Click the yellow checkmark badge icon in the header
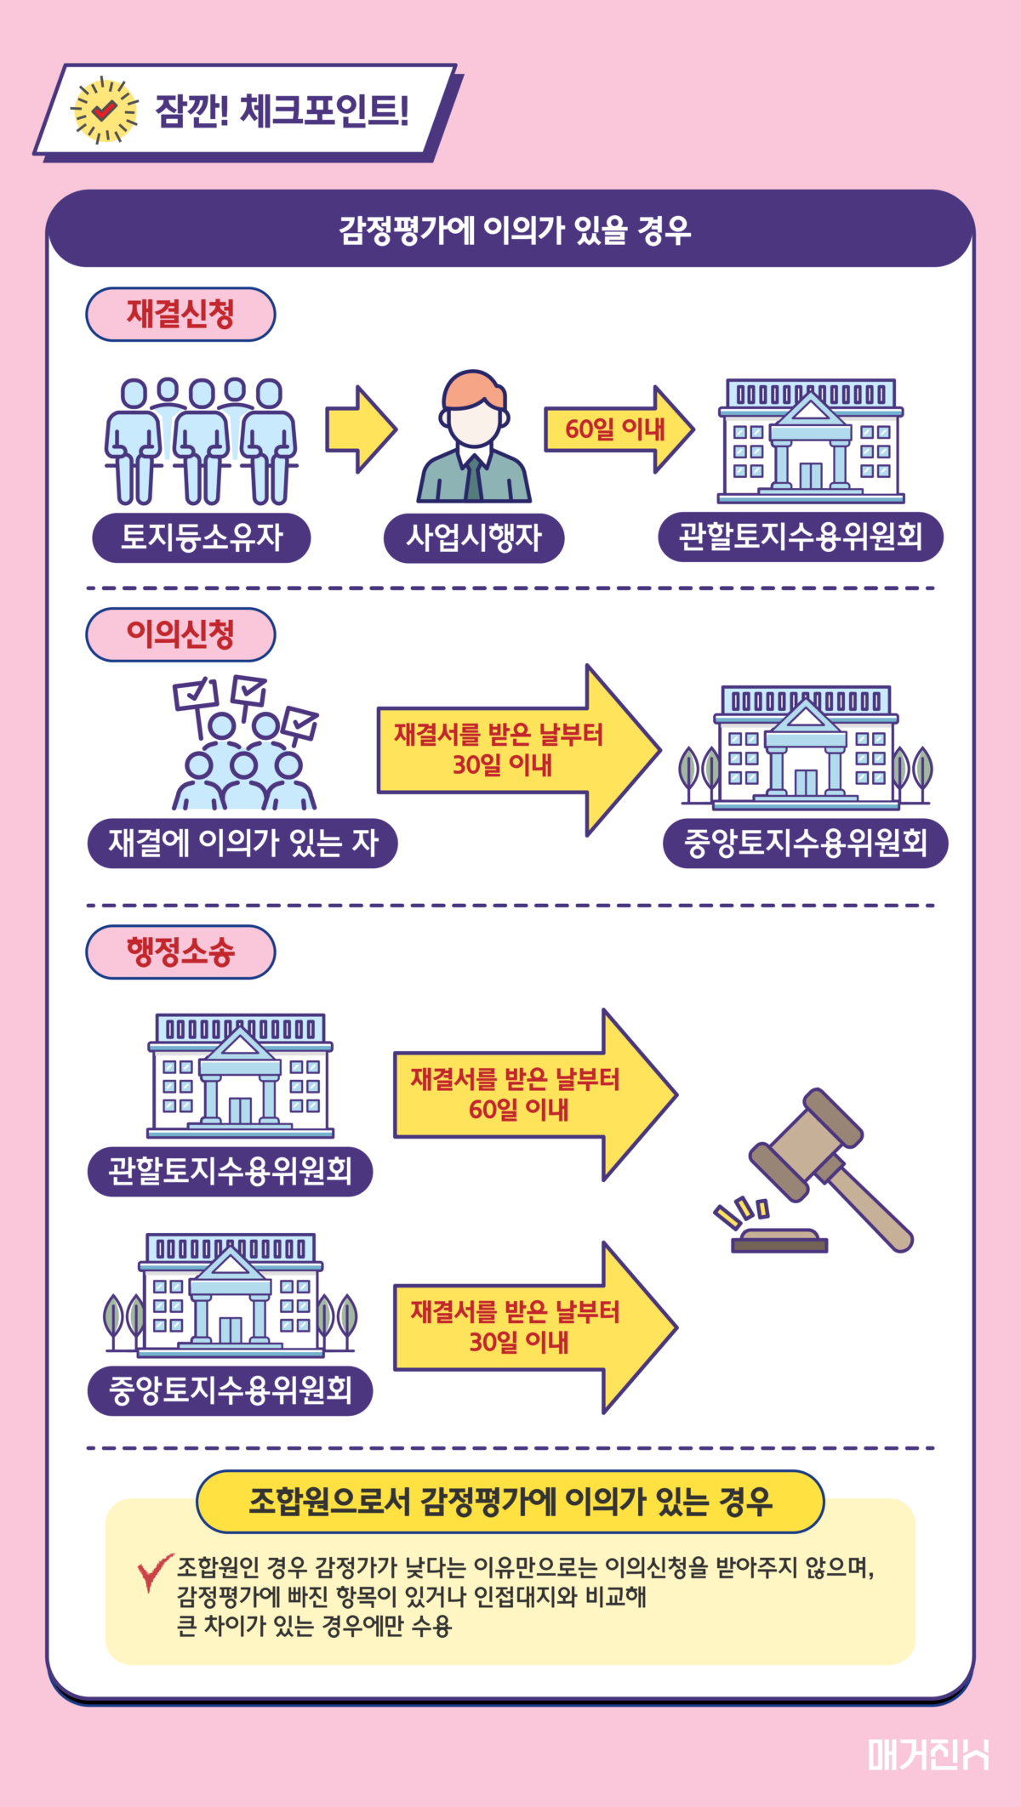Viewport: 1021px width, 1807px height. click(104, 110)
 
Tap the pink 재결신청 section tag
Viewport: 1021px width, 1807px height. click(180, 314)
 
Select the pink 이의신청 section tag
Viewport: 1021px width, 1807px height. click(180, 634)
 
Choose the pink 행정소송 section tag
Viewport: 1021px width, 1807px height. click(180, 952)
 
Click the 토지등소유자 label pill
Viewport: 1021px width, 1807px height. click(202, 537)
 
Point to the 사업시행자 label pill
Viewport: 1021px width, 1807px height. click(474, 537)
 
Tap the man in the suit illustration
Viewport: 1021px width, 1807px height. click(474, 437)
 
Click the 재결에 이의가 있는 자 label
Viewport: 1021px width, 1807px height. click(242, 844)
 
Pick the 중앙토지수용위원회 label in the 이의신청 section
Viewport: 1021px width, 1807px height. click(805, 844)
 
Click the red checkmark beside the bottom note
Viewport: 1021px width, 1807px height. click(154, 1571)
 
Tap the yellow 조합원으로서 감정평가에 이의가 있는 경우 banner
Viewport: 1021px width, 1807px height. click(510, 1502)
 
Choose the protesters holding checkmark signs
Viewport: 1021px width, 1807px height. click(245, 745)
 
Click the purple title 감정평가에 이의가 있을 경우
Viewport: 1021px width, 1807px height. click(514, 230)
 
